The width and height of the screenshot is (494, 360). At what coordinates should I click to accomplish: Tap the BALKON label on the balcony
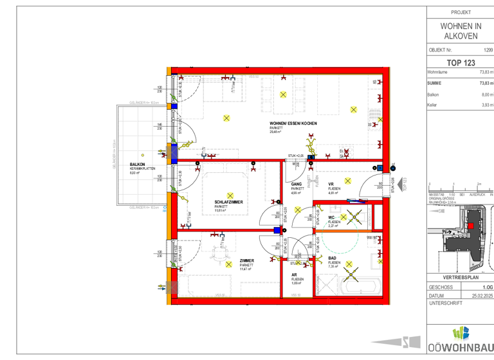click(x=137, y=165)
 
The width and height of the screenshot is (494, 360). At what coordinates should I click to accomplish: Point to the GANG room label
click(x=297, y=184)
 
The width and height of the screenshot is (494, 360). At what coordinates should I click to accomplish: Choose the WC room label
click(x=332, y=218)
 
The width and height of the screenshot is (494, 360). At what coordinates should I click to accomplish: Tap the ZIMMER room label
click(x=246, y=260)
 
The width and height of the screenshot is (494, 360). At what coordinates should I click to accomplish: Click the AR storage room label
click(x=293, y=274)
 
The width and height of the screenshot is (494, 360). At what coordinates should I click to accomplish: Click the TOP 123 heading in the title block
click(x=461, y=62)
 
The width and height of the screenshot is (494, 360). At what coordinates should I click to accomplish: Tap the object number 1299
click(x=488, y=50)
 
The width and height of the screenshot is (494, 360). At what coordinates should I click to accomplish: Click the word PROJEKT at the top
click(x=461, y=12)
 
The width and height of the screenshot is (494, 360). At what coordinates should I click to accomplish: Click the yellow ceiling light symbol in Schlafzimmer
click(x=230, y=195)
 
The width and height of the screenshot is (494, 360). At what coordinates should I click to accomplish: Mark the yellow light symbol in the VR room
click(x=348, y=181)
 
